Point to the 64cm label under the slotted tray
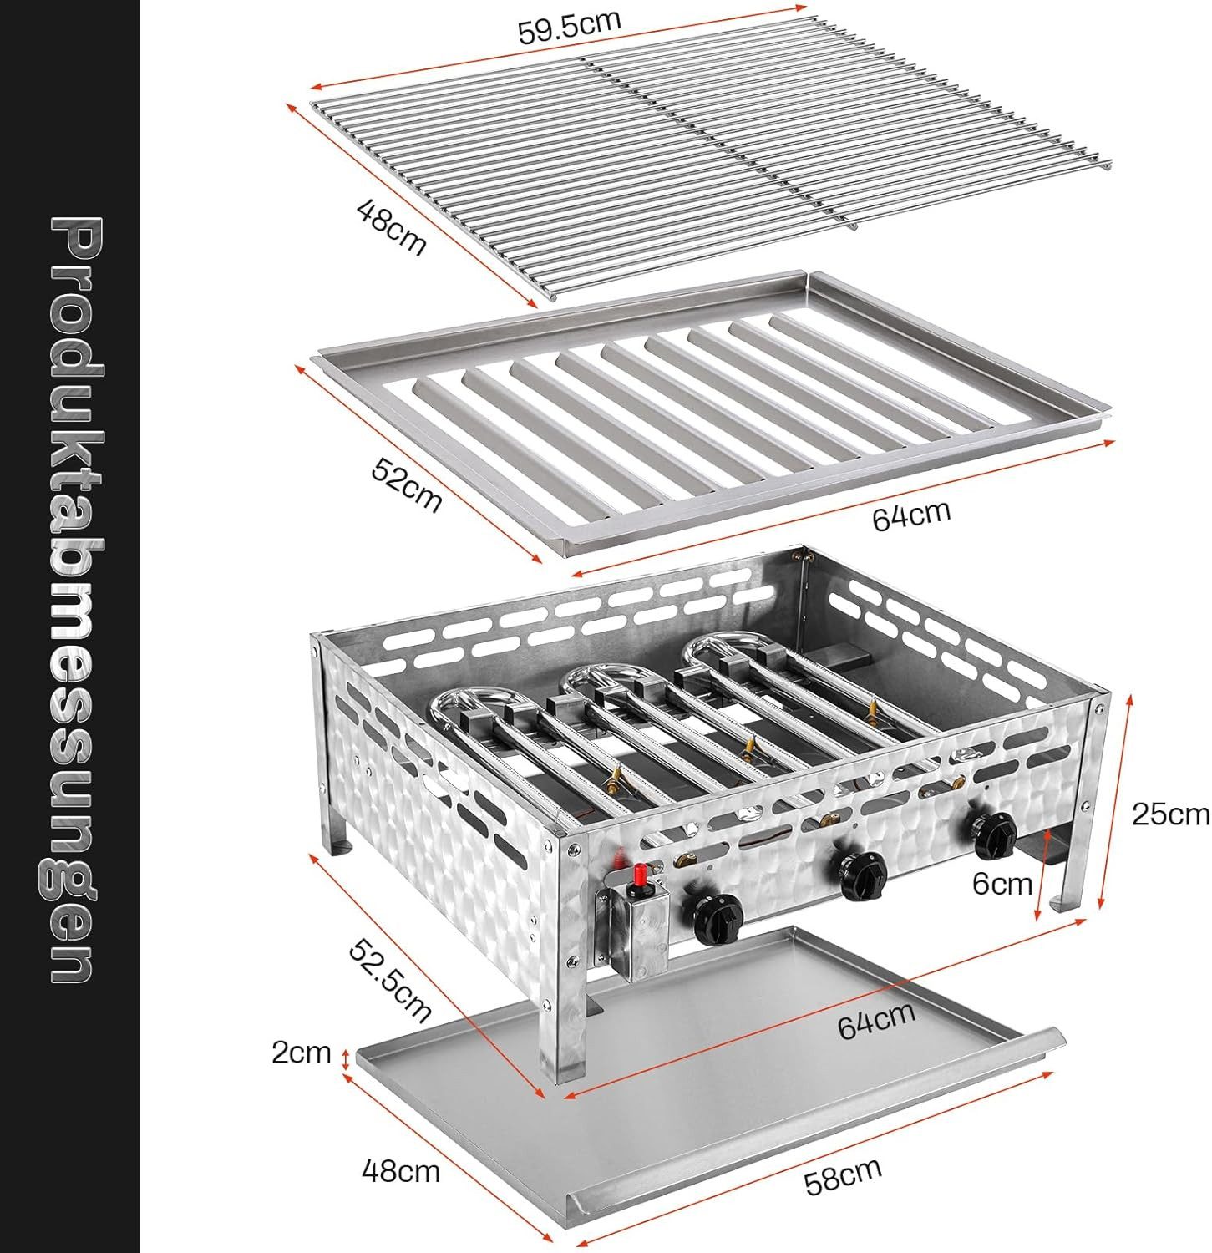pos(911,514)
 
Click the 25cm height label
pos(1169,813)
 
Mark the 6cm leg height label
pos(1002,883)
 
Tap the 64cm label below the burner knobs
pos(876,1020)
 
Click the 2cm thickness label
pos(301,1053)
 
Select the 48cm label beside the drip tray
pos(400,1171)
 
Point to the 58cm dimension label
pos(842,1177)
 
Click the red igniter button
pos(641,876)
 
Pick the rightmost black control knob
pos(994,831)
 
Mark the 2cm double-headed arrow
pos(345,1059)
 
